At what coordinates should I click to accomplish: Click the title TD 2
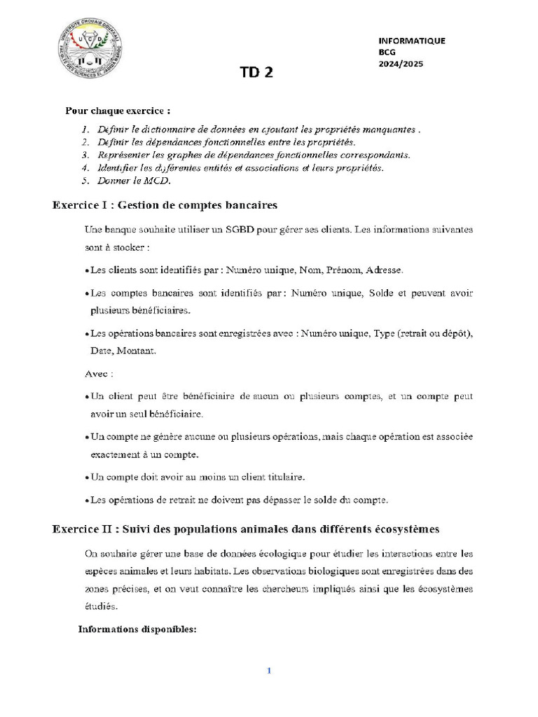tap(257, 74)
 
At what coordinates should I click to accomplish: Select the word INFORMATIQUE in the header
tap(411, 41)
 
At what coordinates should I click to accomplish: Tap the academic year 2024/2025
tap(401, 64)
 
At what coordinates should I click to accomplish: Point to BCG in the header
tap(387, 52)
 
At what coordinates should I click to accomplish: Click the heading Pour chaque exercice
tap(118, 111)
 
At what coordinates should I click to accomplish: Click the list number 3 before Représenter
tap(84, 155)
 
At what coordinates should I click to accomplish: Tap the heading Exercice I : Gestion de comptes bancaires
tap(165, 205)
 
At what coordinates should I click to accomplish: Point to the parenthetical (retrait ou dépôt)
tap(434, 333)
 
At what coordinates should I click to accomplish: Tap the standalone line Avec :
tap(98, 374)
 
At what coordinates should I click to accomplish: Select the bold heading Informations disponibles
tap(138, 629)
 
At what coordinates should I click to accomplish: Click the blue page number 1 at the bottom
tap(268, 671)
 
